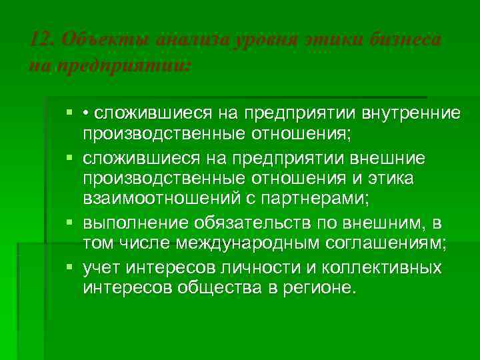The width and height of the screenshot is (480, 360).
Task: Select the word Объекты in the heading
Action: (x=93, y=41)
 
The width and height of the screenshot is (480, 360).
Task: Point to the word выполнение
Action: (x=133, y=222)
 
